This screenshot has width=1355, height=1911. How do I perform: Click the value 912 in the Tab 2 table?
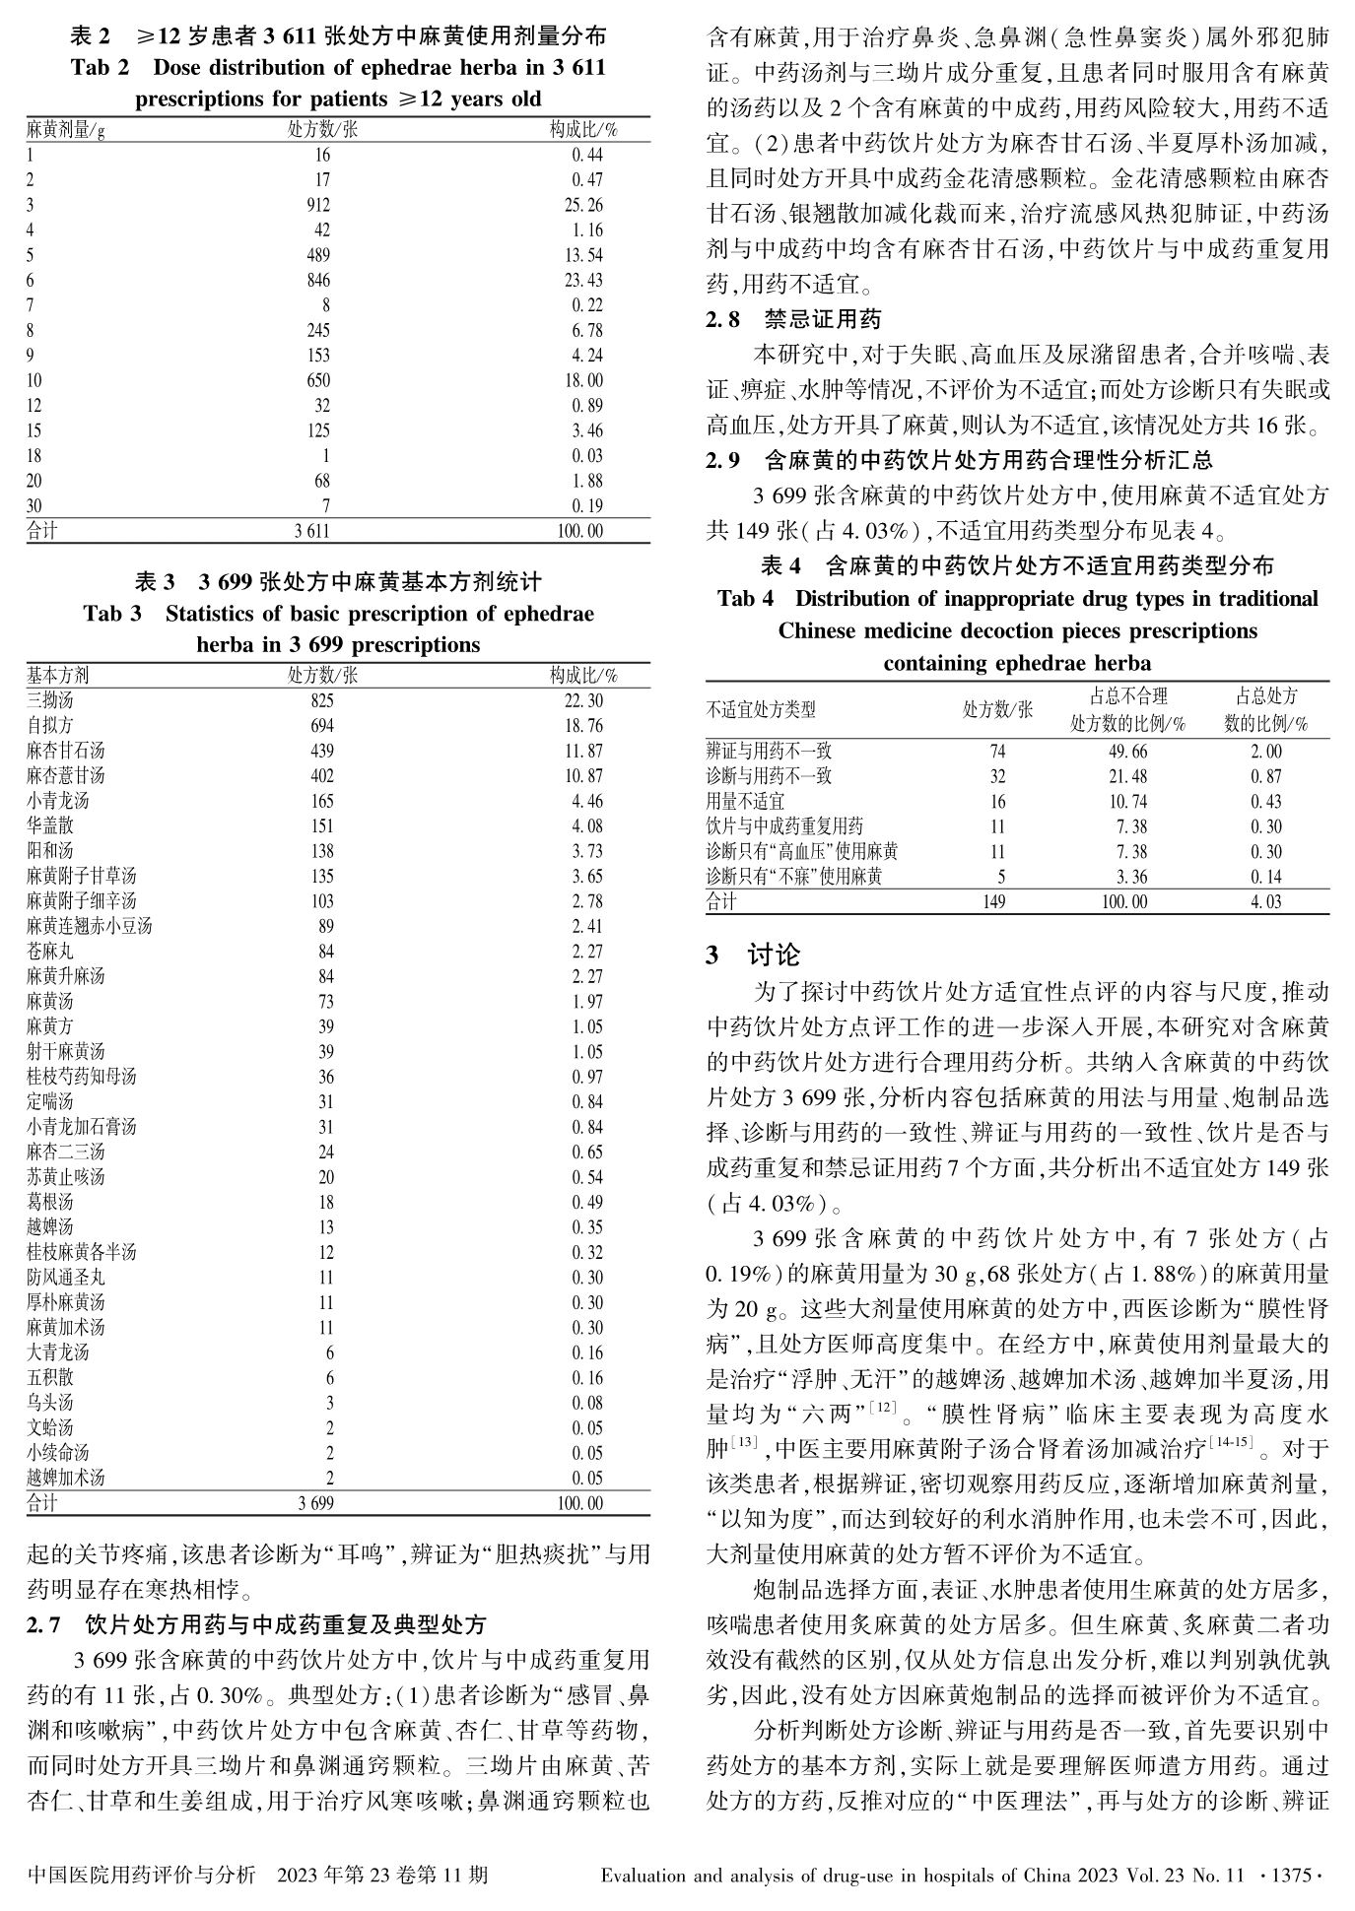(317, 205)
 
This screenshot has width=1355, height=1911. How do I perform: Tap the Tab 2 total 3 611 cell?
(311, 531)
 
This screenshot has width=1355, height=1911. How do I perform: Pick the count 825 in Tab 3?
(321, 700)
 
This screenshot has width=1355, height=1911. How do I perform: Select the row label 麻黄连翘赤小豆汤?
(89, 926)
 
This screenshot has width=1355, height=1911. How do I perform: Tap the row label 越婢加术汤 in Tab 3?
(65, 1478)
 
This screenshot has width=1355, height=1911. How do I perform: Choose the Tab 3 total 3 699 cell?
(315, 1503)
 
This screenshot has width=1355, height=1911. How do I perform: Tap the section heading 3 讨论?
(753, 955)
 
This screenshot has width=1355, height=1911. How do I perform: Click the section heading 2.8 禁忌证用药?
(793, 319)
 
